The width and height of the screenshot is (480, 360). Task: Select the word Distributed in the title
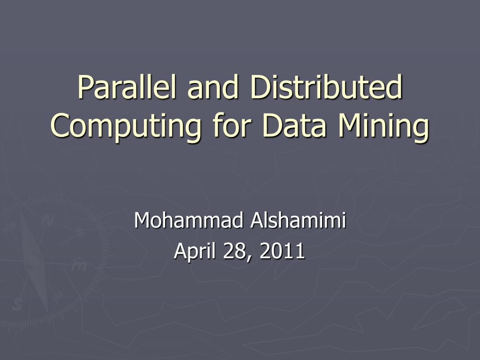[x=326, y=88]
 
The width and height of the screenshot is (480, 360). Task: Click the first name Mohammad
[x=187, y=220]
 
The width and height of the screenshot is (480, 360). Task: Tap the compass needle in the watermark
[x=35, y=262]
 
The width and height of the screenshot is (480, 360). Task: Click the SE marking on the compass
[x=57, y=296]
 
